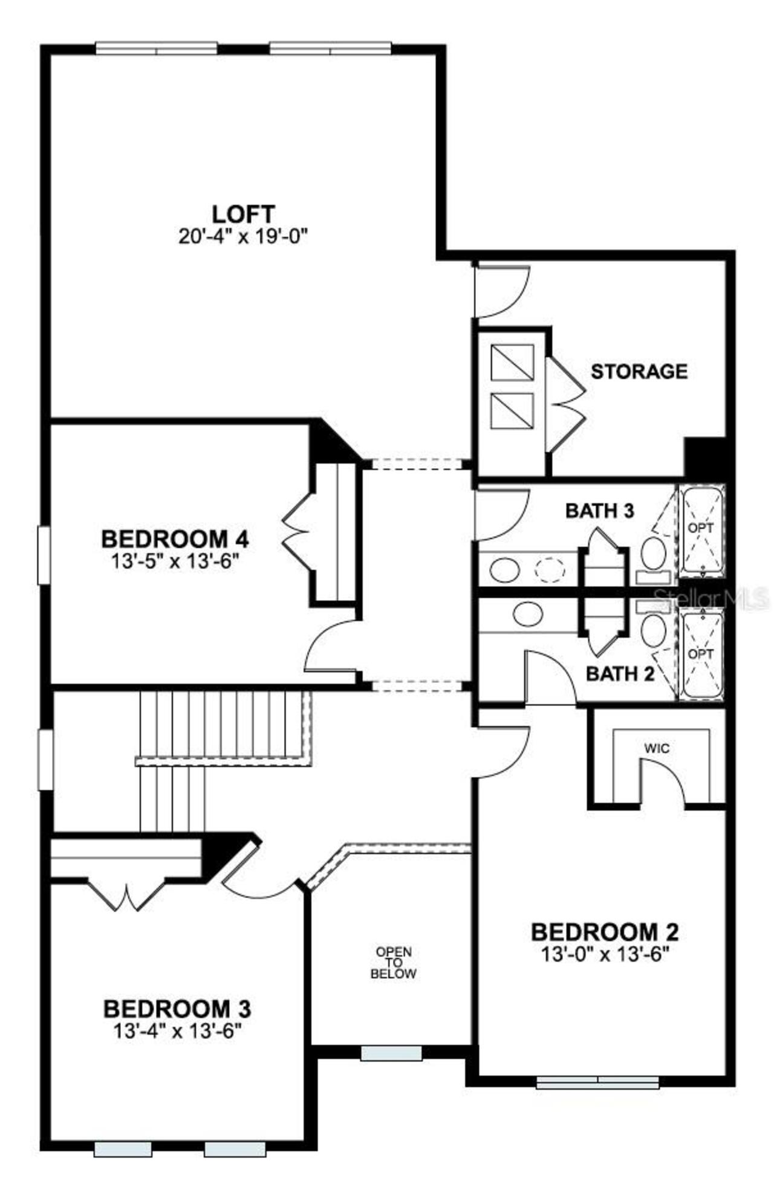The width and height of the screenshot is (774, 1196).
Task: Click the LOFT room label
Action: click(x=243, y=214)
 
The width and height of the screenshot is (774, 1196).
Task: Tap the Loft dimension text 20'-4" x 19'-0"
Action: click(x=243, y=236)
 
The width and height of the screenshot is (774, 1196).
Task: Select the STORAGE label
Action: click(x=639, y=371)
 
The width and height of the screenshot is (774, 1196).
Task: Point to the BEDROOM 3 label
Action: click(x=177, y=1009)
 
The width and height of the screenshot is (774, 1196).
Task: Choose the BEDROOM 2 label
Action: click(x=604, y=932)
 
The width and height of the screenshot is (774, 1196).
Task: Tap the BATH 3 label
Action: click(x=599, y=511)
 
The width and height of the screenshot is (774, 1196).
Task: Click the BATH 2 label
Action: click(x=620, y=673)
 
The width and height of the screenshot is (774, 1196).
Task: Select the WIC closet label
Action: click(x=657, y=748)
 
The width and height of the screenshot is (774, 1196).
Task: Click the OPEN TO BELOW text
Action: click(x=393, y=963)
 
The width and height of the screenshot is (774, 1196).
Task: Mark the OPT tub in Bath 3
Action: click(x=701, y=528)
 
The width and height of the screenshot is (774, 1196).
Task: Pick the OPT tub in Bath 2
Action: click(x=701, y=655)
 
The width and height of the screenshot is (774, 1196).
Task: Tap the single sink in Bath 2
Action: click(x=527, y=614)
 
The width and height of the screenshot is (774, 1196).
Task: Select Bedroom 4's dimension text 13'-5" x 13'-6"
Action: click(x=167, y=561)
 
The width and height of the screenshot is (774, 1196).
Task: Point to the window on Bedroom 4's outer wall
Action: click(x=44, y=555)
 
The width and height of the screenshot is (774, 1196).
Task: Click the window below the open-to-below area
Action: click(x=391, y=1053)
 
